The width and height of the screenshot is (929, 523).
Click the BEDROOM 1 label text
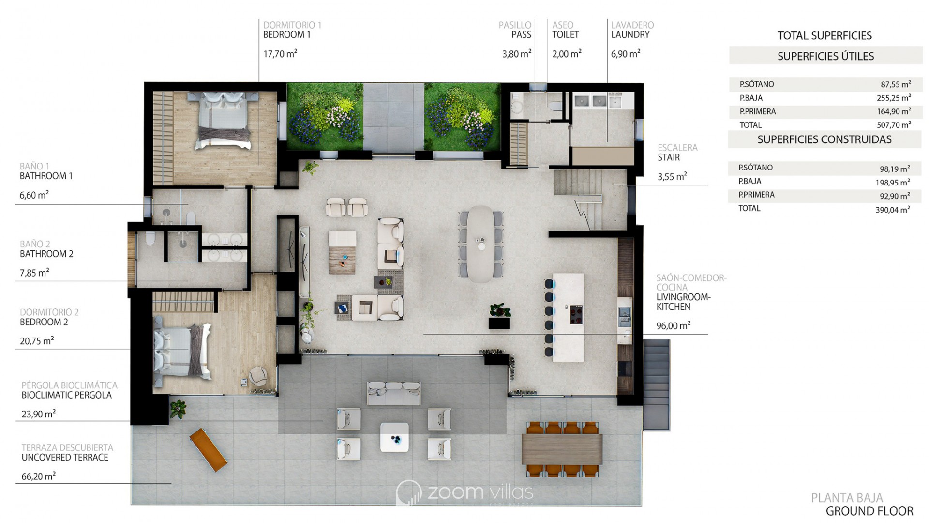(287, 35)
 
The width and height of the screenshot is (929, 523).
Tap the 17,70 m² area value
(280, 54)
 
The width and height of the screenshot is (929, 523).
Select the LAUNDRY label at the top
(630, 35)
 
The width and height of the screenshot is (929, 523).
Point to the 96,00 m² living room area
(674, 326)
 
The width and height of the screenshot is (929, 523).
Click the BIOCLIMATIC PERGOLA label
(67, 395)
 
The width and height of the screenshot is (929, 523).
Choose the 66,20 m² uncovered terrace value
(39, 477)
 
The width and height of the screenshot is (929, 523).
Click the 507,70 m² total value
(894, 125)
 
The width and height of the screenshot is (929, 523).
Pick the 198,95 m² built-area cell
(892, 182)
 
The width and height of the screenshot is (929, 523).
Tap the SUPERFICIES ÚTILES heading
(825, 56)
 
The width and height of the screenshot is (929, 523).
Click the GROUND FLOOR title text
(869, 511)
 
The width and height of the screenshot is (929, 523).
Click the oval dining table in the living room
(480, 244)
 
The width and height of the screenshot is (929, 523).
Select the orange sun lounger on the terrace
(208, 450)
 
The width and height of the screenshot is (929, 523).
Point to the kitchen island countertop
(569, 318)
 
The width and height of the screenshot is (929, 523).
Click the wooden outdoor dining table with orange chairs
(562, 449)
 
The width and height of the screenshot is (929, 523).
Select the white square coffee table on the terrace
(394, 437)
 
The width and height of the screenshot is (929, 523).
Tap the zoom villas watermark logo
(464, 492)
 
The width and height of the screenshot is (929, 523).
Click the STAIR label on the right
(669, 157)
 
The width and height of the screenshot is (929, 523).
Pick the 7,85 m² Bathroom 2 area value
(34, 273)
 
